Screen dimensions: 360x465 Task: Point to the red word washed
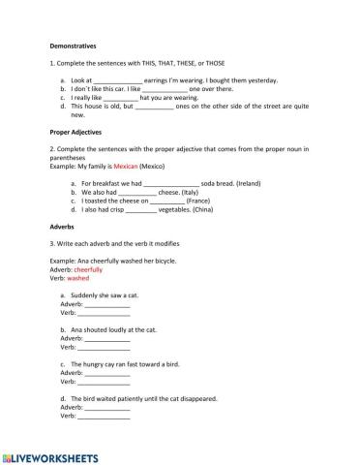click(78, 277)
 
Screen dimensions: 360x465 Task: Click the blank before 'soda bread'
click(171, 183)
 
